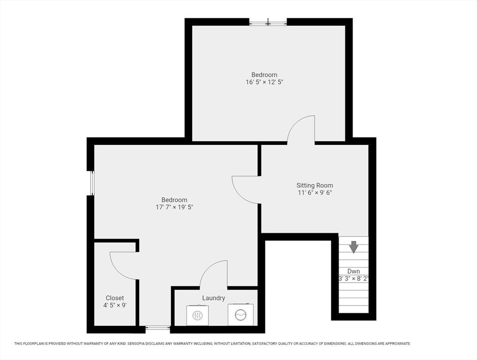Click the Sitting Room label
point(314,185)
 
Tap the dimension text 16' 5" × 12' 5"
point(264,82)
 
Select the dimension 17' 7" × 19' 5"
point(174,207)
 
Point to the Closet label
point(115,298)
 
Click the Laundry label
point(214,298)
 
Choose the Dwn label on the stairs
point(353,271)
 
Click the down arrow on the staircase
point(353,247)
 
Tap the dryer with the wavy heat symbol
point(197,315)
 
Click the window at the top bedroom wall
point(268,22)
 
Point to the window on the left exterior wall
point(91,183)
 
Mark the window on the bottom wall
point(157,329)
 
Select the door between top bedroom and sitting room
point(301,129)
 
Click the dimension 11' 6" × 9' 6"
point(314,193)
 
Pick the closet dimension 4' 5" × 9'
point(115,305)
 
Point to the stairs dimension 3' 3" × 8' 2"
point(354,278)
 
